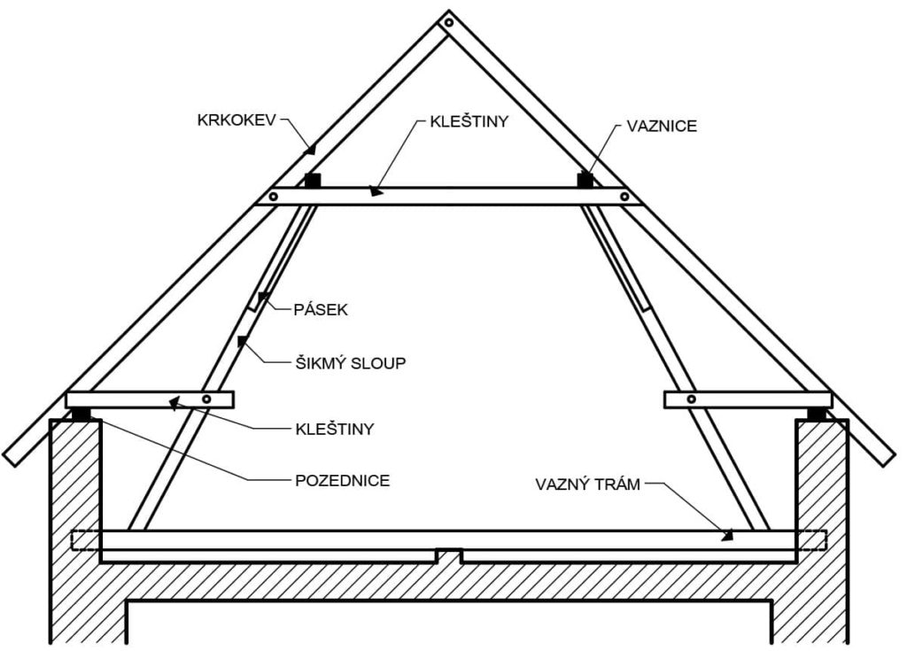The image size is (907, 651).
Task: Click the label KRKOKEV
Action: (236, 120)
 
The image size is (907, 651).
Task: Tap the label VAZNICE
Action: (662, 126)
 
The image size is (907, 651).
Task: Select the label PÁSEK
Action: (321, 310)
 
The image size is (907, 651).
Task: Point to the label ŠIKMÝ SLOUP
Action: (351, 363)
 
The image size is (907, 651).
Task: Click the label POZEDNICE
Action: (343, 481)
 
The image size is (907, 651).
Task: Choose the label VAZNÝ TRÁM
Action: (588, 484)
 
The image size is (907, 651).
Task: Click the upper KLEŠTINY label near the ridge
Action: (469, 121)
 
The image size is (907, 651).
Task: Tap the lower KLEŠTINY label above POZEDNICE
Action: (334, 430)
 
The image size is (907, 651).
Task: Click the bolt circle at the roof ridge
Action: (449, 23)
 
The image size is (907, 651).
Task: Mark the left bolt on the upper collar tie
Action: (274, 197)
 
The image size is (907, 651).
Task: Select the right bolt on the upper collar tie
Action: (624, 197)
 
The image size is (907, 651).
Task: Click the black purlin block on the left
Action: (313, 180)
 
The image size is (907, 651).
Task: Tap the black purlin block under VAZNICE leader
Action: (585, 180)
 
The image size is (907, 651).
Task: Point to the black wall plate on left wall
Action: (81, 415)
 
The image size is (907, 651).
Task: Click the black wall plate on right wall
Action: (817, 415)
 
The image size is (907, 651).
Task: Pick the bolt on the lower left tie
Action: (206, 399)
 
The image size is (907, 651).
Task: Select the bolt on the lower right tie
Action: (691, 399)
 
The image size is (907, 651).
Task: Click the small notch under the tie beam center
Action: (448, 556)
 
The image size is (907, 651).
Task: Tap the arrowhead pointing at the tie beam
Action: (727, 534)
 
